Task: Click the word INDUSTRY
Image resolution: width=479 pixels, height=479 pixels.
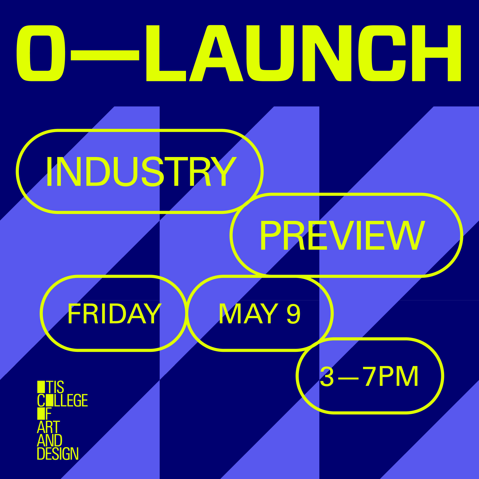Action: click(141, 171)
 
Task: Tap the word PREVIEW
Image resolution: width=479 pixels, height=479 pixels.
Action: click(342, 236)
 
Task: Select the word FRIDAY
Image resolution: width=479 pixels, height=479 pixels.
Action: click(114, 314)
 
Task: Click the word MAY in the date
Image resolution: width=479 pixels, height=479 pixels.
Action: click(248, 314)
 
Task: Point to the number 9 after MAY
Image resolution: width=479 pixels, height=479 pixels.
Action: click(293, 314)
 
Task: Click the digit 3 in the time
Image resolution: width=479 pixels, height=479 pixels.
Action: click(327, 376)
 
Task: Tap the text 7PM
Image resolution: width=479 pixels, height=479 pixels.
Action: click(391, 376)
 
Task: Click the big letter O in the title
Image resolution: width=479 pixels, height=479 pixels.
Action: click(41, 53)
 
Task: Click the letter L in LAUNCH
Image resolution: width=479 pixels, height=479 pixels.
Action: click(166, 53)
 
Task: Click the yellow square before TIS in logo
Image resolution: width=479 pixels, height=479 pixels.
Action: click(41, 387)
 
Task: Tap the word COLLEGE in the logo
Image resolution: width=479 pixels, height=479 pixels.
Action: click(62, 400)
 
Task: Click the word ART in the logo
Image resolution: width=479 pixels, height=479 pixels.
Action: click(48, 427)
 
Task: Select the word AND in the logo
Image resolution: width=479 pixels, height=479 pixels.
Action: click(50, 440)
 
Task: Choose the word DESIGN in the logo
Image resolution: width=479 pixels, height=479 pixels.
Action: click(58, 454)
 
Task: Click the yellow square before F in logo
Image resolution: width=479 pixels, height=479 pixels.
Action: click(41, 414)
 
